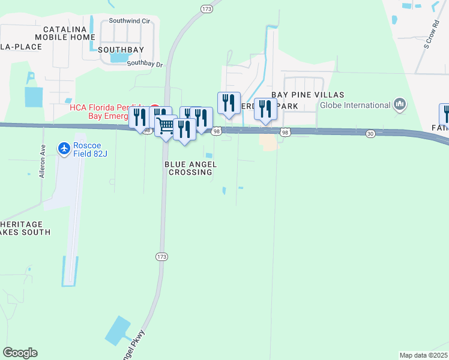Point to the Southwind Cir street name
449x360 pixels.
[x=129, y=21]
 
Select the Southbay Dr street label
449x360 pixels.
[x=145, y=63]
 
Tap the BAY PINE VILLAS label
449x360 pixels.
[x=307, y=95]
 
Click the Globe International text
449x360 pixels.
[x=355, y=106]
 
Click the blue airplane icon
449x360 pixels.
[x=64, y=147]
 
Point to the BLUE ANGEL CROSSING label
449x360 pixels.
[x=188, y=168]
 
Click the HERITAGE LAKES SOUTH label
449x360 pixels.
[x=24, y=227]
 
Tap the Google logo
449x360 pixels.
[x=20, y=353]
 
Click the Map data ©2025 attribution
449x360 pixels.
[x=423, y=355]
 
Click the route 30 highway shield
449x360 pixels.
[x=371, y=133]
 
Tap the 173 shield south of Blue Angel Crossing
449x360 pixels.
[x=161, y=256]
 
